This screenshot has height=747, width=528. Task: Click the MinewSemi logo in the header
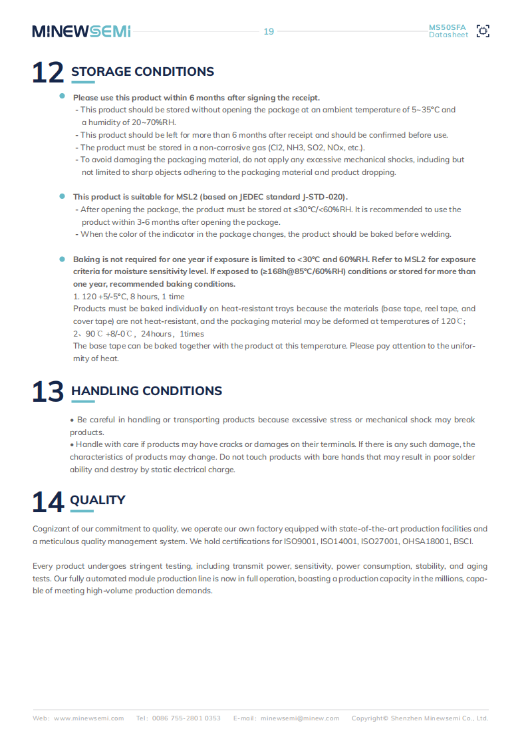point(81,31)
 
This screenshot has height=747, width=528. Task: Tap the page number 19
point(269,31)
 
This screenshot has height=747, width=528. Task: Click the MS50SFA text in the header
point(448,27)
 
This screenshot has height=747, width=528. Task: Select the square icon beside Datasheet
point(483,31)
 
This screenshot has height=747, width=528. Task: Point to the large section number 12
point(48,73)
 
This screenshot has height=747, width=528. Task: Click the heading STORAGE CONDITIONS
point(142,72)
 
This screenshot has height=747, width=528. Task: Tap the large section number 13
point(48,392)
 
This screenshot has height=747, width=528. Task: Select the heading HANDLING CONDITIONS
point(146,391)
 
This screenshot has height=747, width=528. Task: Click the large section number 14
point(48,502)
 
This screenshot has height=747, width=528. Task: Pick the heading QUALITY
point(98,500)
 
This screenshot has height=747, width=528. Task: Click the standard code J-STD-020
point(324,197)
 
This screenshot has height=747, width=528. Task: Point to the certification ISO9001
point(300,541)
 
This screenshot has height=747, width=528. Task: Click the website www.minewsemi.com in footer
point(88,718)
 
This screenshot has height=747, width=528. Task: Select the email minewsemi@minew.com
point(299,718)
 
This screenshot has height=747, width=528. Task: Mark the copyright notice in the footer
point(420,718)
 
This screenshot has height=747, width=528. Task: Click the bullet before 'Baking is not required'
point(62,259)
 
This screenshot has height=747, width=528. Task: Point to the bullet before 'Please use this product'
point(62,97)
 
